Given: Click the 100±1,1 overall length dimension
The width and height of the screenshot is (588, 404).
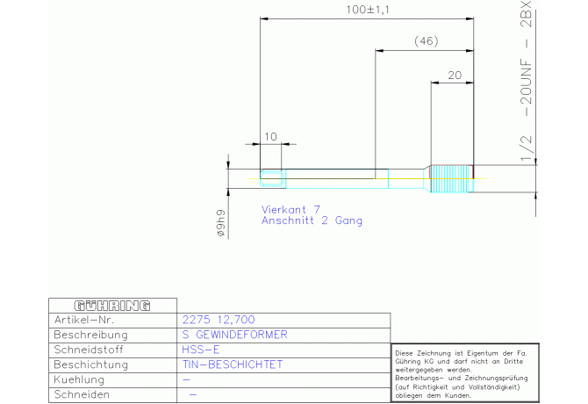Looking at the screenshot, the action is tap(368, 10).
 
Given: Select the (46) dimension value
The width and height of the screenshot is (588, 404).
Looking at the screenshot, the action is tap(427, 41).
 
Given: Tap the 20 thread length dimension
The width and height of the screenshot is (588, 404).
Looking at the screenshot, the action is tap(455, 76).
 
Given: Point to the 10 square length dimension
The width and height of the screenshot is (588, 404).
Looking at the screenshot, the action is tap(270, 136).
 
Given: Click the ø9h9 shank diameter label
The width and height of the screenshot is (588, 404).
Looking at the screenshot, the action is tap(221, 223).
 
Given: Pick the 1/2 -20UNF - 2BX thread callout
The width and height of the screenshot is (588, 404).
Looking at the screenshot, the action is tap(527, 81).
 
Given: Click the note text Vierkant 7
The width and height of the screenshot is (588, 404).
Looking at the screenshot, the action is tap(290, 209).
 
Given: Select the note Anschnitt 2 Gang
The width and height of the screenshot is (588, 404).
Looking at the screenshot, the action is tap(312, 220).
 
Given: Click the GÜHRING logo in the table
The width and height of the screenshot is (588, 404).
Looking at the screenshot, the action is tap(112, 306).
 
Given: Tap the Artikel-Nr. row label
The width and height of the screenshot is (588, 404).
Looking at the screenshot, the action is tap(84, 320).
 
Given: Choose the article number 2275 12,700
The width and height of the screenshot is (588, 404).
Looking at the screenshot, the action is tap(219, 320).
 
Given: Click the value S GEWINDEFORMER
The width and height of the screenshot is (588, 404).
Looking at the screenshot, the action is tap(234, 335).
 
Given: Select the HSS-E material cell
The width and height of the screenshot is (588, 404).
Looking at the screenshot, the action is tap(201, 350).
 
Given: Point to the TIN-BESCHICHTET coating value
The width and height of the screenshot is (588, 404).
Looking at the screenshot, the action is tap(233, 364).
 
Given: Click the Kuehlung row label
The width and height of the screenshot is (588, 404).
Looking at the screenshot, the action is tap(79, 379).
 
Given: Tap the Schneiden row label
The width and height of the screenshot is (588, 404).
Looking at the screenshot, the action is tap(82, 394).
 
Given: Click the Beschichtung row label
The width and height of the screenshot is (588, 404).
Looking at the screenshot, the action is tap(90, 365).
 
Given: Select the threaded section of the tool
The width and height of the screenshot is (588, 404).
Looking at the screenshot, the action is tap(452, 178).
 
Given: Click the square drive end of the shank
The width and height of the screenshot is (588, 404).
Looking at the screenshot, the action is tap(273, 178).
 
